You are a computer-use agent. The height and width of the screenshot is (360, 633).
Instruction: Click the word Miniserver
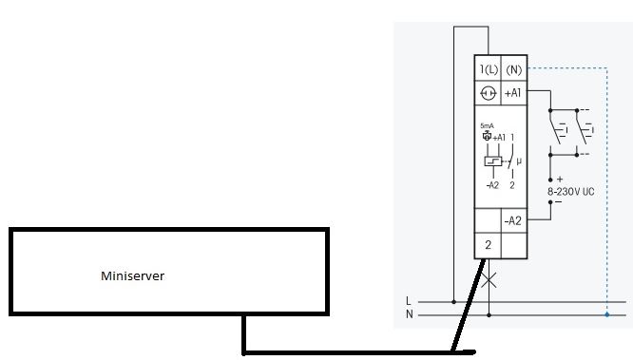(132, 276)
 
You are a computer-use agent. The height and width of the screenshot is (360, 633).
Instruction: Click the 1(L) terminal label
(488, 69)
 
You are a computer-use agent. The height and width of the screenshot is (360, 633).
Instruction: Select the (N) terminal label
(513, 69)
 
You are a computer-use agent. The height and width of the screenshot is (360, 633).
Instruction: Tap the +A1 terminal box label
(513, 93)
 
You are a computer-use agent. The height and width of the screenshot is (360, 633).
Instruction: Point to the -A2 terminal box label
(513, 221)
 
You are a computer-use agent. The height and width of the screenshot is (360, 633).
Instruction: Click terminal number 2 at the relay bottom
(488, 245)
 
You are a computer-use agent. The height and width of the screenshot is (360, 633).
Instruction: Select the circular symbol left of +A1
(488, 93)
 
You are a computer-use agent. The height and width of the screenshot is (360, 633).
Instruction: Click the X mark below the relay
(489, 281)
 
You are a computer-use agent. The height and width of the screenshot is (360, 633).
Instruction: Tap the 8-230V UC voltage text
(570, 191)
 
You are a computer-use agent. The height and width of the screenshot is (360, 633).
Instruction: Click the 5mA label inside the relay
(487, 125)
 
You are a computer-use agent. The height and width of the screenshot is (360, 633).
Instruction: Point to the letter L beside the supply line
(409, 301)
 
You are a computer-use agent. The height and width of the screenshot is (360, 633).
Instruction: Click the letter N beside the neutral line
(409, 313)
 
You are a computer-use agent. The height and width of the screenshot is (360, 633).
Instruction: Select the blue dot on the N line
(606, 313)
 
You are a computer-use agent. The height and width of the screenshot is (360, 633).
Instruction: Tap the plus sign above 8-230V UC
(560, 179)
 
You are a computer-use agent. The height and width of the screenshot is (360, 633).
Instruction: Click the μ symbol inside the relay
(519, 161)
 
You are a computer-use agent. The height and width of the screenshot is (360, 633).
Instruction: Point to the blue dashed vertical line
(606, 190)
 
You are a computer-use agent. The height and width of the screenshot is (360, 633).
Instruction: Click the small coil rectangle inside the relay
(491, 161)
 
